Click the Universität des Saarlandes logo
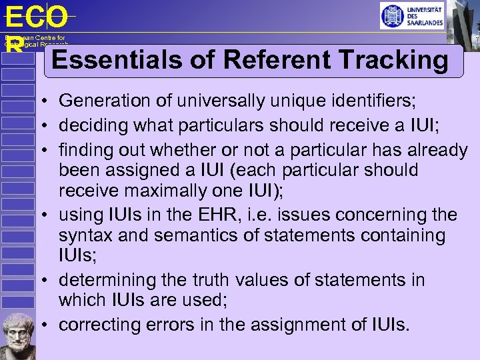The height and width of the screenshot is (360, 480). (x=411, y=15)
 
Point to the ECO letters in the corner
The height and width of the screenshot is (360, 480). (x=36, y=17)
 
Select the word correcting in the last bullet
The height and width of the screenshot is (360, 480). (x=95, y=325)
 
